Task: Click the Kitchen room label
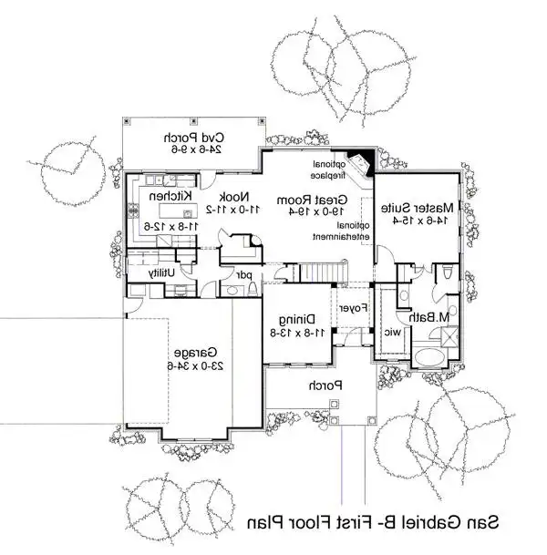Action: (x=170, y=196)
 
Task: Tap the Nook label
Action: (x=234, y=197)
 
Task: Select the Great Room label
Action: (x=312, y=200)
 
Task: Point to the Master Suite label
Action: (x=417, y=208)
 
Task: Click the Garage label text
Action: (x=195, y=353)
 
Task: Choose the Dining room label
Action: (x=297, y=320)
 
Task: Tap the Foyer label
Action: (x=353, y=308)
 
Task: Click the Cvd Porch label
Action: (x=194, y=138)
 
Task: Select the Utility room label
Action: (x=161, y=272)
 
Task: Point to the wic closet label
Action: (x=393, y=333)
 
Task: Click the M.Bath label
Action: (x=429, y=317)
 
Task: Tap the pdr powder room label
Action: (x=244, y=275)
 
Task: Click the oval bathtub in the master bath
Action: (x=429, y=358)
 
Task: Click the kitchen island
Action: (x=178, y=211)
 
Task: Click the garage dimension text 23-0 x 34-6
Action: (x=195, y=365)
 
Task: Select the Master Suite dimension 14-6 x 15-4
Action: (x=420, y=220)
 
